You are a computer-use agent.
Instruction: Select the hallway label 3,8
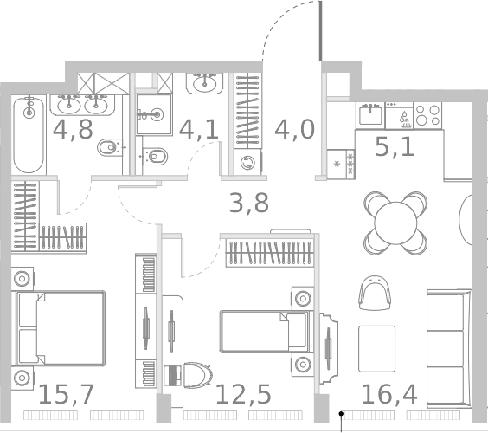[x=248, y=204]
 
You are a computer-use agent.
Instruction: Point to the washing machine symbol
[x=249, y=162]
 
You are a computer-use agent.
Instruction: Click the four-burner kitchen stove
[x=427, y=114]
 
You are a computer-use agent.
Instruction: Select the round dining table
[x=395, y=223]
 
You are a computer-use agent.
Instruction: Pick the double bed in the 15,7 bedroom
[x=59, y=327]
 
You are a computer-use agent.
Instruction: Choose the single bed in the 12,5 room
[x=263, y=332]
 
